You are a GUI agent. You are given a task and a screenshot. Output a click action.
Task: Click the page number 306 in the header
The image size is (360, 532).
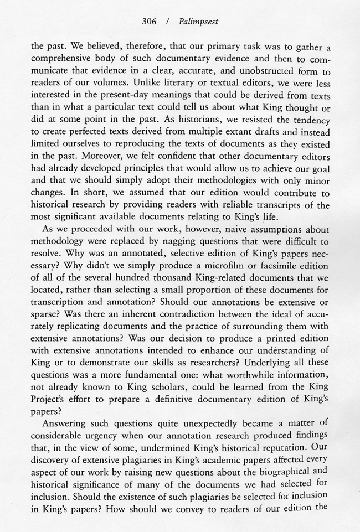[x=150, y=22]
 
